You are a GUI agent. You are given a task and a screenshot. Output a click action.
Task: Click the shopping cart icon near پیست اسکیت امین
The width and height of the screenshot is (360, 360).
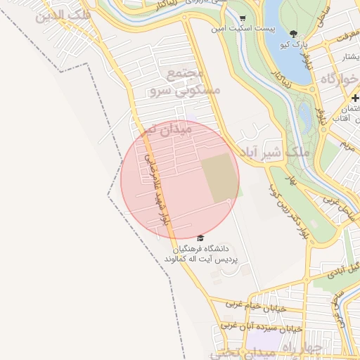point(243,19)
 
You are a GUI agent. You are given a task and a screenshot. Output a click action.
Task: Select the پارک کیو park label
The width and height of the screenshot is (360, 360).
point(293,44)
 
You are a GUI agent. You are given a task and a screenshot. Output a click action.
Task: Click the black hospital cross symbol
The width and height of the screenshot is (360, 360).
point(356,97)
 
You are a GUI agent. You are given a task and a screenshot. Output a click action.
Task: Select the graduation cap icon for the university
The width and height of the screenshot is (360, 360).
point(201,238)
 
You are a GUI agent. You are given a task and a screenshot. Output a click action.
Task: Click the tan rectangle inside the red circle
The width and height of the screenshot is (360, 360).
point(219,179)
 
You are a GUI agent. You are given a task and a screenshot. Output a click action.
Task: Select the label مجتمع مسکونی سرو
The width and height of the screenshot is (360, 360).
point(185,82)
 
